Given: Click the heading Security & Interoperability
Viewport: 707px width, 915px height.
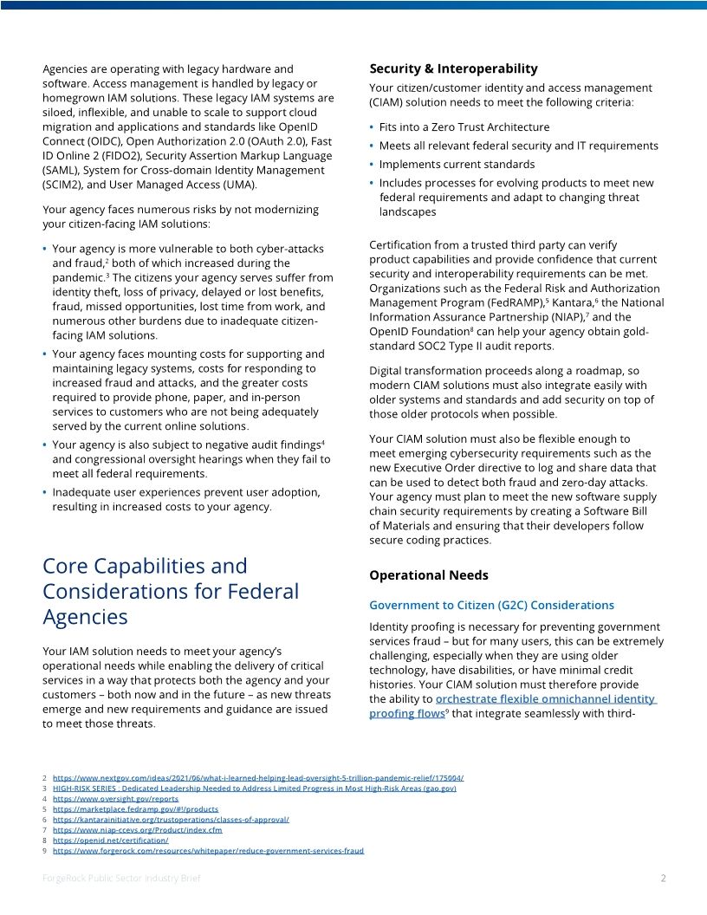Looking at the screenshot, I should point(453,68).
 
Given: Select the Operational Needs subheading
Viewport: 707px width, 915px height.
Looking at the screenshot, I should point(428,575).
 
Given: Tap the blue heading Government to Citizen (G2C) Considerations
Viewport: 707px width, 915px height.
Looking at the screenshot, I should point(491,605).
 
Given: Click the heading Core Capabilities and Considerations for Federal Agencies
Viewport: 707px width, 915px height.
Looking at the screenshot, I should point(171,591).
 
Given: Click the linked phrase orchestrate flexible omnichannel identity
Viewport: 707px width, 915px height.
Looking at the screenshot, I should point(546,698).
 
